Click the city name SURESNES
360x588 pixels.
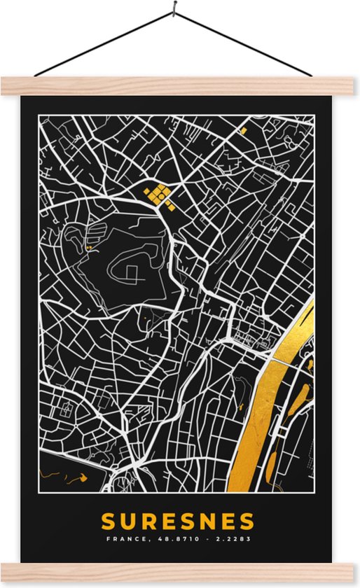click(x=179, y=522)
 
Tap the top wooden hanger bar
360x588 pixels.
click(x=180, y=86)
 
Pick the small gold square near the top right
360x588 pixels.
click(x=244, y=130)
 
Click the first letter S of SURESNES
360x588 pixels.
click(x=109, y=522)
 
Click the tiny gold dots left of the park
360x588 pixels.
click(x=88, y=247)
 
